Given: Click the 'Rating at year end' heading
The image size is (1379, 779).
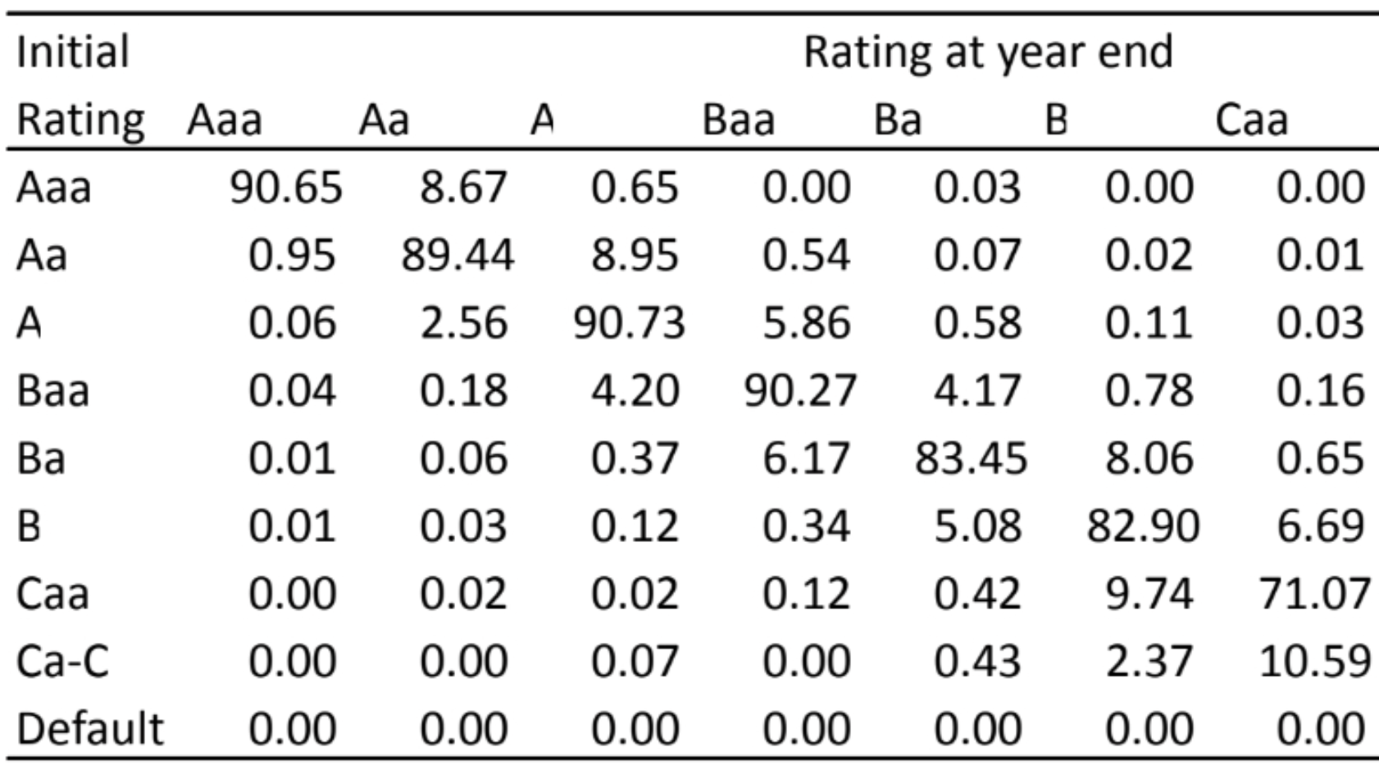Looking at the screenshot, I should pyautogui.click(x=987, y=52).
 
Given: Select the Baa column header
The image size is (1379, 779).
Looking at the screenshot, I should pyautogui.click(x=738, y=121).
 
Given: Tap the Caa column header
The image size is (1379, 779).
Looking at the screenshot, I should pyautogui.click(x=1251, y=121).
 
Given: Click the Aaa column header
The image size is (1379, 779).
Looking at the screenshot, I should pyautogui.click(x=224, y=121).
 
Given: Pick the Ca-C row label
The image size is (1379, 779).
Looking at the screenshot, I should pyautogui.click(x=62, y=661).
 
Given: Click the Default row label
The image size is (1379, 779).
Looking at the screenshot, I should pyautogui.click(x=90, y=729).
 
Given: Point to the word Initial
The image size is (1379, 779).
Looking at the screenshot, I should pyautogui.click(x=72, y=52).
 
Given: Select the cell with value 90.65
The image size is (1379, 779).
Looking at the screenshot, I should pyautogui.click(x=285, y=188).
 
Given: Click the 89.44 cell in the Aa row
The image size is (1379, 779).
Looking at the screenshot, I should pyautogui.click(x=457, y=256).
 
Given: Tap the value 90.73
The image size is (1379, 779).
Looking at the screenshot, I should pyautogui.click(x=629, y=323).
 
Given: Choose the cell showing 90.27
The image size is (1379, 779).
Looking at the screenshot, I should pyautogui.click(x=800, y=391).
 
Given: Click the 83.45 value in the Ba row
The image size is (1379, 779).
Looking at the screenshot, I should pyautogui.click(x=971, y=458).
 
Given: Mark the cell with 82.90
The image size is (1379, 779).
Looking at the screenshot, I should pyautogui.click(x=1143, y=526).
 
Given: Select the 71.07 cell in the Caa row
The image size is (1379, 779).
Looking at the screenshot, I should pyautogui.click(x=1314, y=594).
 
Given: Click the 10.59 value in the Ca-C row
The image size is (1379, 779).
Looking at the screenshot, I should pyautogui.click(x=1314, y=661).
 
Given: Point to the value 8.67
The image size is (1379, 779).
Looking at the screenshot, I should pyautogui.click(x=463, y=188).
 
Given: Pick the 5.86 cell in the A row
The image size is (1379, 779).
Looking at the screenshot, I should pyautogui.click(x=806, y=323).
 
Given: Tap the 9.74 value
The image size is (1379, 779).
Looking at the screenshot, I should pyautogui.click(x=1149, y=594).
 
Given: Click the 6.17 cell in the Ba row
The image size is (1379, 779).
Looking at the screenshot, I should pyautogui.click(x=806, y=458).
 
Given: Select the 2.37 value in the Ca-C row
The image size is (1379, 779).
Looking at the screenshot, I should pyautogui.click(x=1149, y=661).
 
